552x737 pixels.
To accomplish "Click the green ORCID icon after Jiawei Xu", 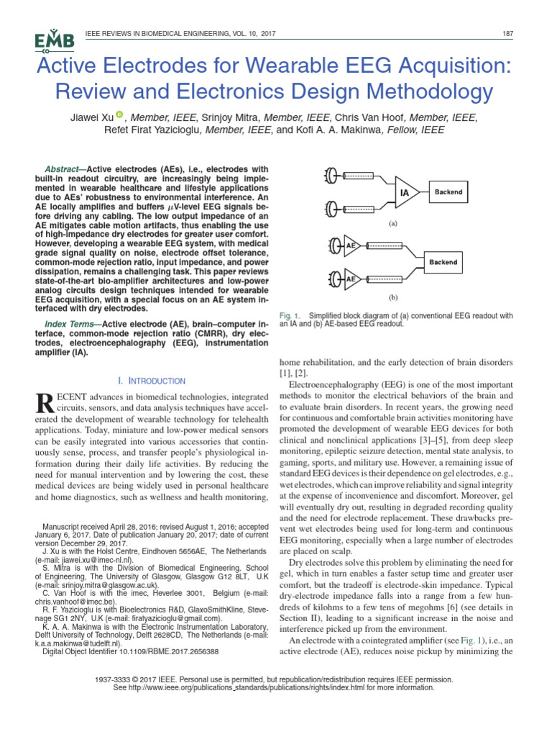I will (119, 114).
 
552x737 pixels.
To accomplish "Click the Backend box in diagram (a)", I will (448, 192).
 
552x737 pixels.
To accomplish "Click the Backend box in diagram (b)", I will (443, 263).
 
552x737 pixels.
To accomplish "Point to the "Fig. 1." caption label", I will (289, 316).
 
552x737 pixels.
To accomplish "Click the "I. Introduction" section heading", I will (151, 381).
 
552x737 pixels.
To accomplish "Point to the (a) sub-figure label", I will (393, 224).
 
